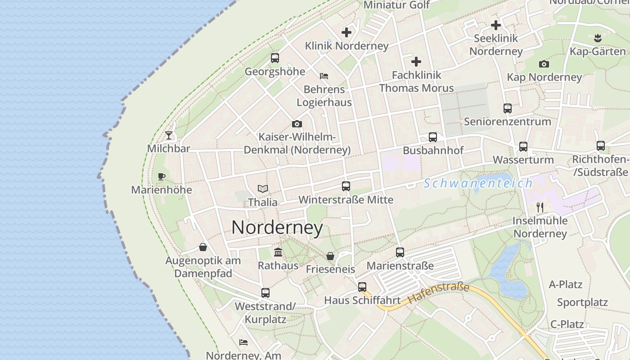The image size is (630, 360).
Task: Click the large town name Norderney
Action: point(277,228)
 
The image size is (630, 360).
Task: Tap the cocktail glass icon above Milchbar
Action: point(169,135)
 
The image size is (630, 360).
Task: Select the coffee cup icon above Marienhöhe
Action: point(162,176)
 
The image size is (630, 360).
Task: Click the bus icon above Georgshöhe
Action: point(275,58)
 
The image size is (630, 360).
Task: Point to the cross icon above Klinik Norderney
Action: point(346,32)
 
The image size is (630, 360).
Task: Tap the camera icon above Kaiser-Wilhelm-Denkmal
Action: point(297,124)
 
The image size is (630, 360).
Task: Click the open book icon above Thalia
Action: point(263,189)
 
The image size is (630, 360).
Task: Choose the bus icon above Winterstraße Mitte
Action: point(346,186)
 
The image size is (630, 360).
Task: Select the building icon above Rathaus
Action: point(278,252)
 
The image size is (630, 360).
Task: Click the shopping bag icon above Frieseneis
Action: point(330,256)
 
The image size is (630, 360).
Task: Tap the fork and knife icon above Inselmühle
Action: point(540,207)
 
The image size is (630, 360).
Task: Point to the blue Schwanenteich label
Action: point(478,183)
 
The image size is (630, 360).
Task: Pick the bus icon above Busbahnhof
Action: point(433,137)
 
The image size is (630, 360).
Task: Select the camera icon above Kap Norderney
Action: point(544,64)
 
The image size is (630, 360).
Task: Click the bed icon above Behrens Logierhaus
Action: point(324,76)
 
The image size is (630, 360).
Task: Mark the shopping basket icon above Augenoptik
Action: point(203,247)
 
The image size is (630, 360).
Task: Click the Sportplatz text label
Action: point(582,302)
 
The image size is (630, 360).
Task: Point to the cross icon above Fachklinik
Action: point(416,62)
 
